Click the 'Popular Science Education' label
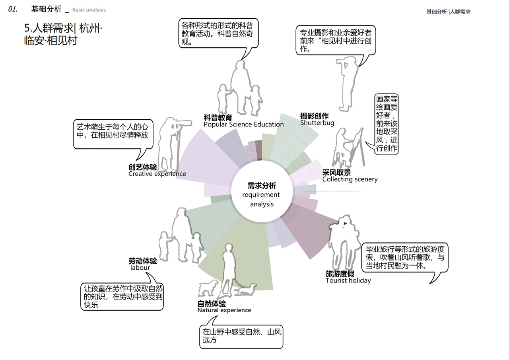(244, 125)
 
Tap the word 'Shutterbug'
(317, 123)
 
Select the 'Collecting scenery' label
(350, 179)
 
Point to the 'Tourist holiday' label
(348, 280)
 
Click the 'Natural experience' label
(224, 310)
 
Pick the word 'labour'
(140, 267)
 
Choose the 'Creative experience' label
(157, 174)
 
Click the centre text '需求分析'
(262, 185)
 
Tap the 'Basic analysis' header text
(89, 10)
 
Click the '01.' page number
(13, 9)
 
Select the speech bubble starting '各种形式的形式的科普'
(219, 33)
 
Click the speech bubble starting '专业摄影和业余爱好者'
(336, 41)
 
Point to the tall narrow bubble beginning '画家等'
(386, 124)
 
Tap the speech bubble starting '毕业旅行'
(405, 257)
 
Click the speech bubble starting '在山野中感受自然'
(241, 337)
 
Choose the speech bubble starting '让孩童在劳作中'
(122, 296)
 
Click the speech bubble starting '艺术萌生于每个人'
(113, 134)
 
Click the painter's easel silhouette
(358, 148)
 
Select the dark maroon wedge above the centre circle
(258, 150)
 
